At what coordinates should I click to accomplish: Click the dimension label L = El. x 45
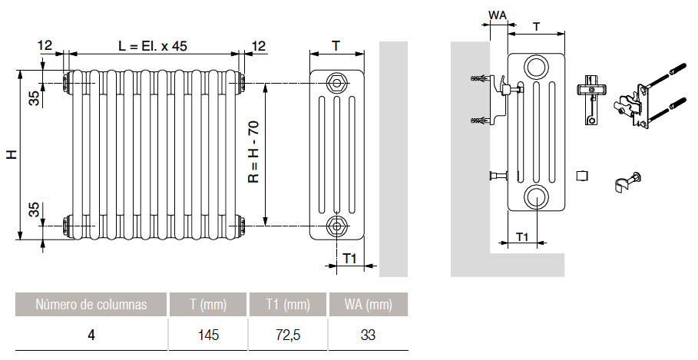tap(153, 46)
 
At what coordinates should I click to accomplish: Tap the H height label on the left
tap(12, 154)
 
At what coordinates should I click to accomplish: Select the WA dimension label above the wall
tap(498, 15)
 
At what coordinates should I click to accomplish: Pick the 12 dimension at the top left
tap(45, 46)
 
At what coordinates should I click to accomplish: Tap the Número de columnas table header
tap(91, 305)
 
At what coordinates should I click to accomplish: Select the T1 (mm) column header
tap(288, 305)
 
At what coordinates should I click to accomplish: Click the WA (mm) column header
tap(367, 305)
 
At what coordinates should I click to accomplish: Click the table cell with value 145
tap(208, 335)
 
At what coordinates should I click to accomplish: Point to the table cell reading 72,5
tap(288, 335)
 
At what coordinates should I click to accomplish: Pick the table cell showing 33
tap(367, 335)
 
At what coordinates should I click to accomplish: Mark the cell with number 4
tap(91, 335)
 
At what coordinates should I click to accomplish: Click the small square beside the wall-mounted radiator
tap(581, 175)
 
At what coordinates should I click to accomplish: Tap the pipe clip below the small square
tap(625, 183)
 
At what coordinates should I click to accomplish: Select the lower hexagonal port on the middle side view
tap(336, 226)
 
